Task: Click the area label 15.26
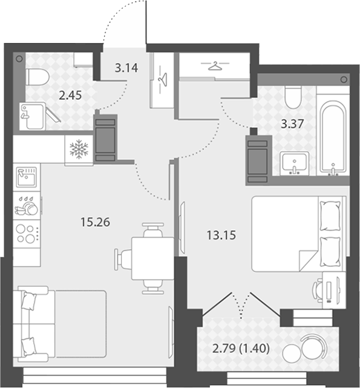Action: point(95,222)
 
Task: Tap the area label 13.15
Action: point(221,235)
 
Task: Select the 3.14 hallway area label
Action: point(126,68)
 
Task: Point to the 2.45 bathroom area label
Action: point(70,95)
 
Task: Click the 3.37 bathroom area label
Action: point(292,123)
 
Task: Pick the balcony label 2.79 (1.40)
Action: point(241,349)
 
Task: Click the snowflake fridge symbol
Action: point(79,149)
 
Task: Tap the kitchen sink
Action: point(27,177)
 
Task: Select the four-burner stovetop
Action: point(27,234)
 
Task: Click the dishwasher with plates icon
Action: point(27,206)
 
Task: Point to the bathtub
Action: point(333,137)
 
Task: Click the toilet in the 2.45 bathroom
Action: point(38,77)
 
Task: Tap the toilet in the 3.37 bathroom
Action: point(293,97)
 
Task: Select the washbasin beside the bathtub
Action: point(294,163)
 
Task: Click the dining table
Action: point(152,258)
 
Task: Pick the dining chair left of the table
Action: point(123,259)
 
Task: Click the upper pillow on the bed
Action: point(330,215)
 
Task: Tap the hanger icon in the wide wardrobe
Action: point(215,66)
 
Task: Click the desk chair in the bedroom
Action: point(318,290)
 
